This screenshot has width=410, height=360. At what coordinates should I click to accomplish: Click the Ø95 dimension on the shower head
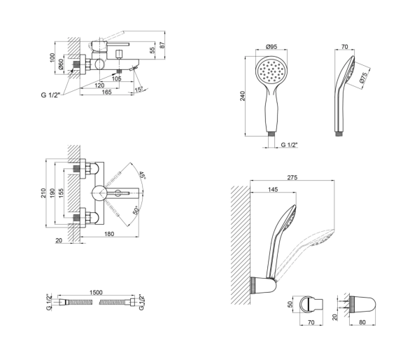click(271, 47)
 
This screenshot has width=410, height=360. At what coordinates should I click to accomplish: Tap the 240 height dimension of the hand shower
click(243, 96)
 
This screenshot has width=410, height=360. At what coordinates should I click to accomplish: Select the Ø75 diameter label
click(364, 78)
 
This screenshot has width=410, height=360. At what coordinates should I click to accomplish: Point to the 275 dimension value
click(292, 177)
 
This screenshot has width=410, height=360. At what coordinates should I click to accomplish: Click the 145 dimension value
click(273, 189)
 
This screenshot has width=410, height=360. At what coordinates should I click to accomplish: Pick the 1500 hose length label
click(96, 292)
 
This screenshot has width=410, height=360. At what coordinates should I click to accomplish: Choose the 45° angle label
click(142, 175)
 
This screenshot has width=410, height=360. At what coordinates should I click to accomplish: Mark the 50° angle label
click(136, 210)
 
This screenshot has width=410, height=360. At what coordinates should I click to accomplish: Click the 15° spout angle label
click(139, 89)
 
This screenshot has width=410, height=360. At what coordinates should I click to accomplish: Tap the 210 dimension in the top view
click(43, 193)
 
